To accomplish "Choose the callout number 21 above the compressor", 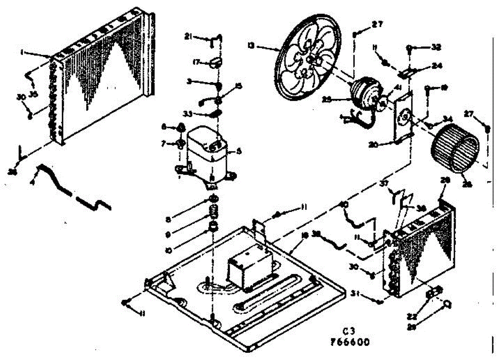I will click(x=188, y=37).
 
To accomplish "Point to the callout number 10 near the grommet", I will click(x=169, y=250).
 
